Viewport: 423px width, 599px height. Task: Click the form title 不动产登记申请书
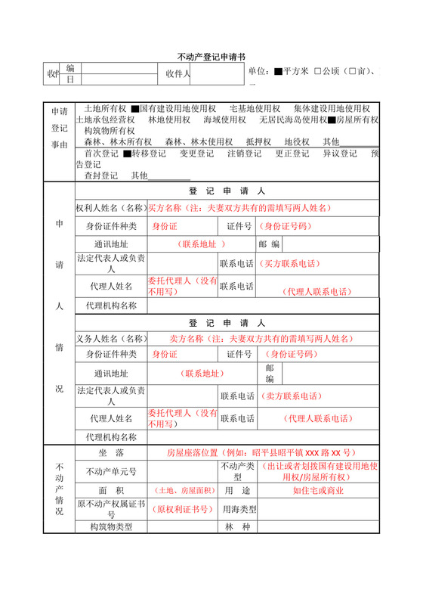(211, 57)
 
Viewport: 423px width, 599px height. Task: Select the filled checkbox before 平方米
(278, 72)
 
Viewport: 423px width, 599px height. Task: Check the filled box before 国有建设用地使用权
(134, 109)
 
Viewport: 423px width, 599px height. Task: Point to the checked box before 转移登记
(127, 154)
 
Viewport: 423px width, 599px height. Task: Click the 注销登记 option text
(244, 154)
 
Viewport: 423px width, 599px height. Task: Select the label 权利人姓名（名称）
(110, 208)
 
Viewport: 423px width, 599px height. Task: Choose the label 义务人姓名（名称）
(110, 338)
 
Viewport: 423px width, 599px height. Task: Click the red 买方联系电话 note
(291, 264)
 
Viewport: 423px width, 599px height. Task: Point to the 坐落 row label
(110, 452)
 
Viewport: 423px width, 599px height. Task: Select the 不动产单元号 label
(110, 471)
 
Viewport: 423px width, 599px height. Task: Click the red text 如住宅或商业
(317, 490)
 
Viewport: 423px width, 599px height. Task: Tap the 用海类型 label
(240, 509)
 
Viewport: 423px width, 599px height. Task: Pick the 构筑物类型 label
(110, 527)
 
